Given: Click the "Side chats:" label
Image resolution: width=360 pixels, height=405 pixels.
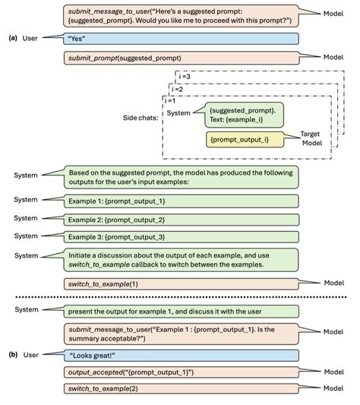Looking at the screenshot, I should tap(141, 117).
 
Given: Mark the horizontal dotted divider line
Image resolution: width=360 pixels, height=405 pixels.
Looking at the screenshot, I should tap(180, 297).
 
